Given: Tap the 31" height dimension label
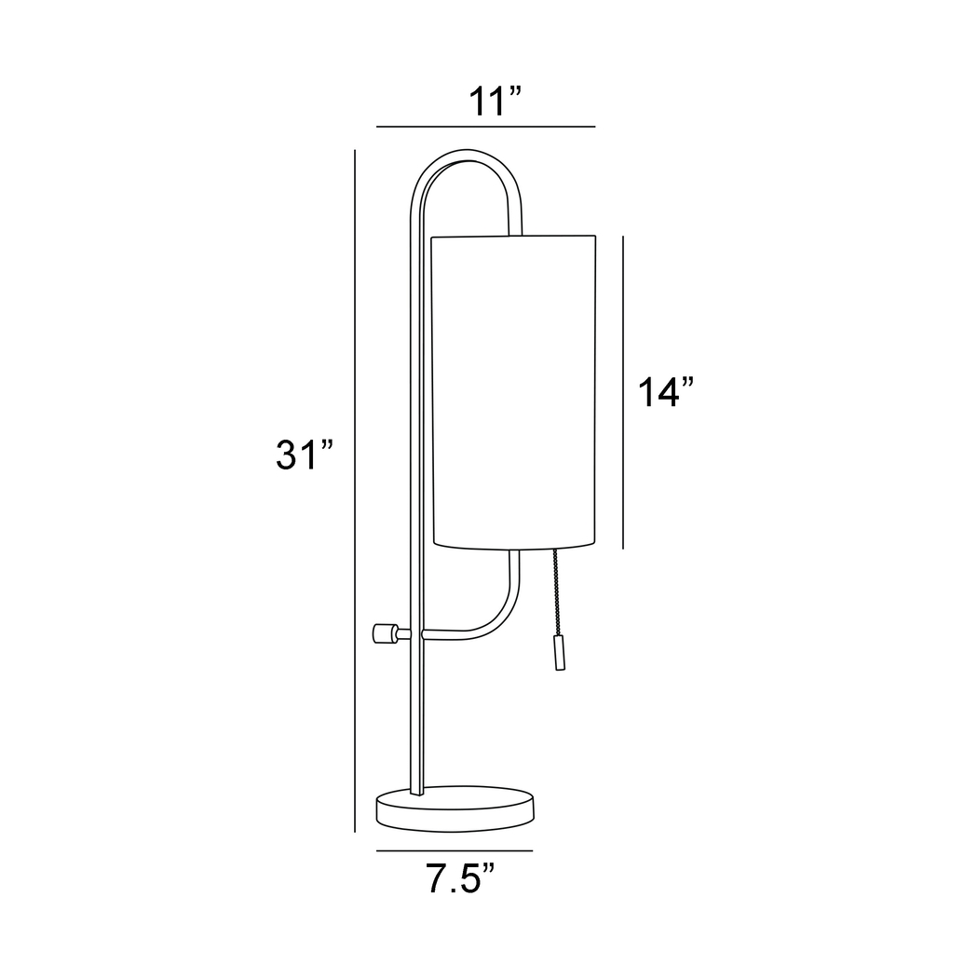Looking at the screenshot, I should click(304, 455).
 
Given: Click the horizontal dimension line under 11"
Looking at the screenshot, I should click(485, 126).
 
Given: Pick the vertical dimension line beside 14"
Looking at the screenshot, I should click(622, 392).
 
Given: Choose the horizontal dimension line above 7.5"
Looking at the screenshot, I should click(454, 850).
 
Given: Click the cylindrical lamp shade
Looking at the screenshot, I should click(513, 391).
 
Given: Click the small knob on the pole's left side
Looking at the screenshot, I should click(383, 634).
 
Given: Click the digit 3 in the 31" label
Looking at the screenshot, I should click(288, 455).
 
